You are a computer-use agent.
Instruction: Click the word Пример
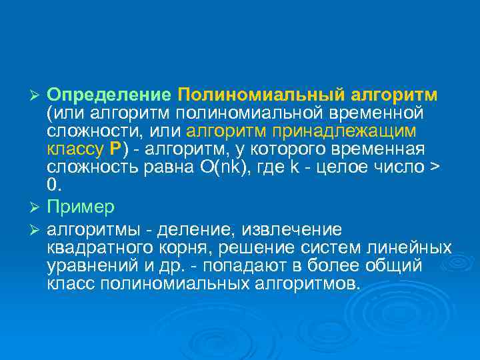click(x=81, y=207)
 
